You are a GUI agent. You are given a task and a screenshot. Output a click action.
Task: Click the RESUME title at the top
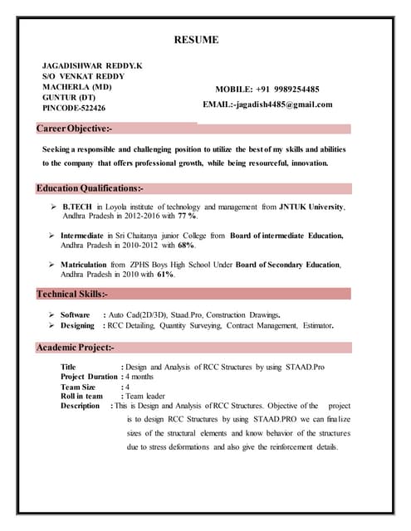tap(197, 39)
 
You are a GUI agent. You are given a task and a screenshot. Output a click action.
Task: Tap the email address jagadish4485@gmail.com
tap(284, 105)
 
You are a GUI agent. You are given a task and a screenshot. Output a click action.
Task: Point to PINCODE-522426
tap(74, 108)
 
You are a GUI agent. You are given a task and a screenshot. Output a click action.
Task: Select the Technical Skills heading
tap(72, 294)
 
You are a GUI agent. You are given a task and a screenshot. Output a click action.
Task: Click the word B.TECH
tap(77, 206)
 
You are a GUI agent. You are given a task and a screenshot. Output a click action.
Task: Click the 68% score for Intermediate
tap(186, 246)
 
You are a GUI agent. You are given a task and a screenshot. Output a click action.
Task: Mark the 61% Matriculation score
tap(164, 274)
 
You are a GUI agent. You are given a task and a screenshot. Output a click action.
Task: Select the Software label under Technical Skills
tap(75, 315)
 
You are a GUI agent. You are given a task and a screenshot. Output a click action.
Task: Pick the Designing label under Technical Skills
tap(77, 326)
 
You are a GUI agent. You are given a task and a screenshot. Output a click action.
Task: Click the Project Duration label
tap(90, 377)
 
